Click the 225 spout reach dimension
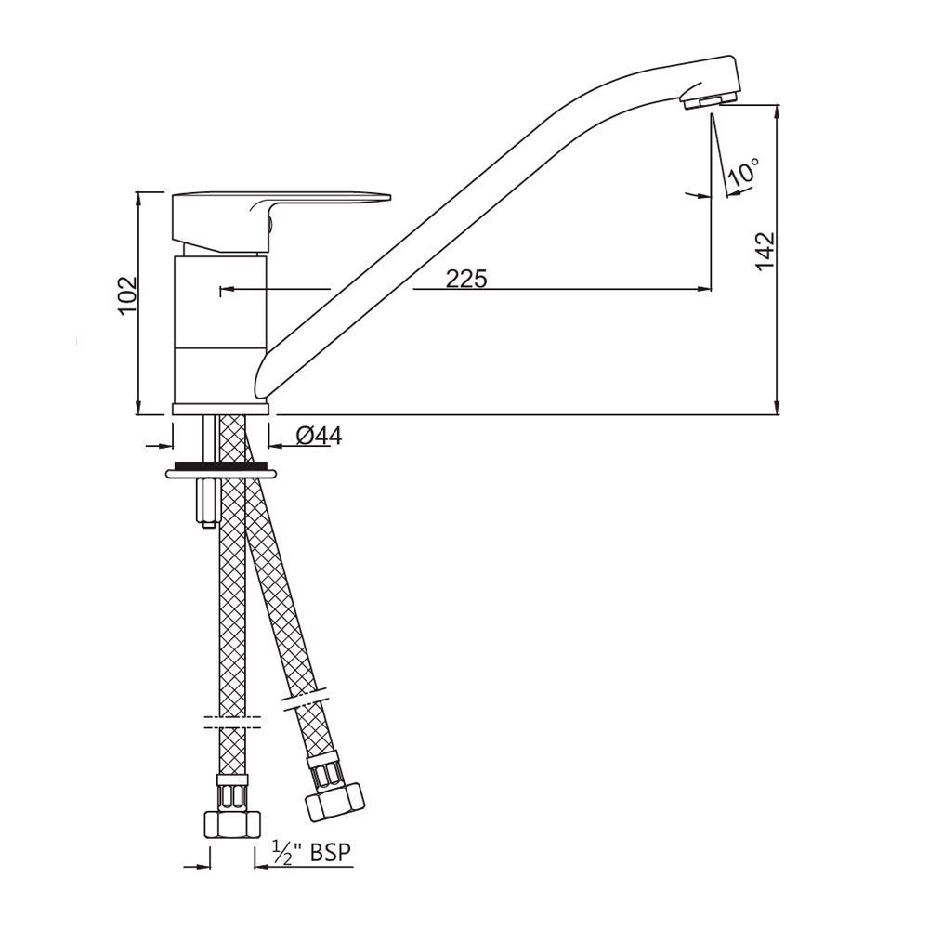[x=465, y=278]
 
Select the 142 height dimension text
[x=765, y=251]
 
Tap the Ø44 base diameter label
[x=318, y=435]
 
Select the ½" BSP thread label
[x=312, y=853]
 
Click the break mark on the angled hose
[x=307, y=700]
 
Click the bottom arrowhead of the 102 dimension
[x=138, y=406]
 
